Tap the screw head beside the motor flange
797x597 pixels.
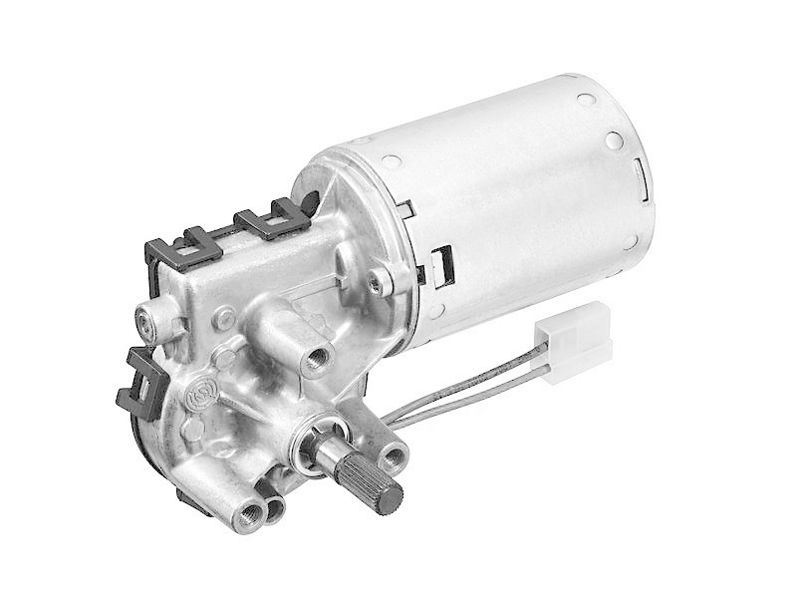[x=376, y=284]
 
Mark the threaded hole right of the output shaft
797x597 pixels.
[x=394, y=457]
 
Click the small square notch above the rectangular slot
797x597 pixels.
[x=405, y=210]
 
